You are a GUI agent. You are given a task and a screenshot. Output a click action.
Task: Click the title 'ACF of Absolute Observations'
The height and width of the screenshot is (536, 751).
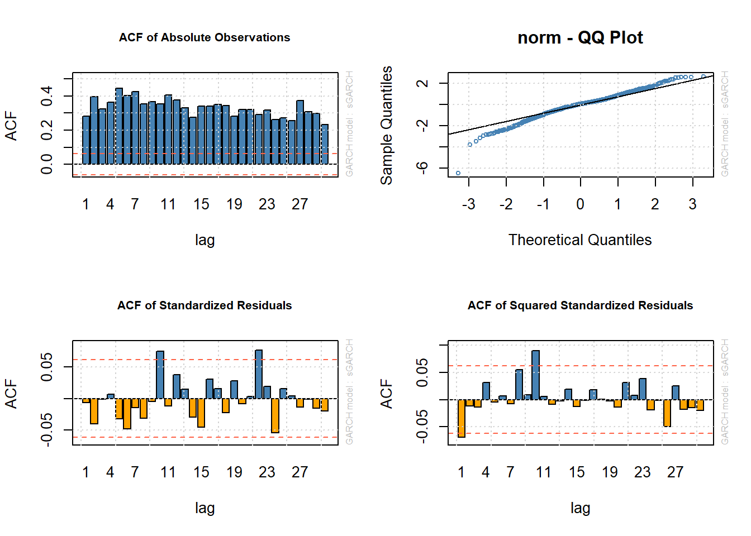pyautogui.click(x=205, y=37)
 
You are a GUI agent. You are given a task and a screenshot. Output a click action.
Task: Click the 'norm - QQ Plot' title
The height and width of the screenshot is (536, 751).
pyautogui.click(x=580, y=37)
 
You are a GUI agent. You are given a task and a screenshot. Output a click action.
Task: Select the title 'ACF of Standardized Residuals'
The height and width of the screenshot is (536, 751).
pyautogui.click(x=205, y=305)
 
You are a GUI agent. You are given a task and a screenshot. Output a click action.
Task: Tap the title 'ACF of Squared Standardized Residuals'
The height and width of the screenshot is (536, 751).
pyautogui.click(x=580, y=305)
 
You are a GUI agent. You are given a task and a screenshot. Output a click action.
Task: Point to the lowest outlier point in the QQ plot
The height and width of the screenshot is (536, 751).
pyautogui.click(x=458, y=173)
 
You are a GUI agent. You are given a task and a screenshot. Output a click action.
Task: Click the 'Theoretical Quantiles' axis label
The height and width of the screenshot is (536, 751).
pyautogui.click(x=580, y=240)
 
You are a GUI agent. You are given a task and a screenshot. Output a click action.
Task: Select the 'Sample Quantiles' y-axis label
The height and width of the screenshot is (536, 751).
pyautogui.click(x=387, y=125)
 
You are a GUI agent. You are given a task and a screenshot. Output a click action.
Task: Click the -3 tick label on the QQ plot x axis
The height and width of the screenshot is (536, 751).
pyautogui.click(x=468, y=204)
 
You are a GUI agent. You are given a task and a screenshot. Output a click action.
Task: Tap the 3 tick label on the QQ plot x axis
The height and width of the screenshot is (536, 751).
pyautogui.click(x=692, y=204)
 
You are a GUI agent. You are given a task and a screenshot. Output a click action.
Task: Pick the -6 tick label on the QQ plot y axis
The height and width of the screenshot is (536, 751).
pyautogui.click(x=423, y=167)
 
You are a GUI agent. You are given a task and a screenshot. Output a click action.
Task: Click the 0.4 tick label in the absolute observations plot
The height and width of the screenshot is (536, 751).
pyautogui.click(x=47, y=95)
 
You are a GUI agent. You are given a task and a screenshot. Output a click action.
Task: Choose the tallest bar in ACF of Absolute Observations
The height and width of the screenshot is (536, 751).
pyautogui.click(x=119, y=126)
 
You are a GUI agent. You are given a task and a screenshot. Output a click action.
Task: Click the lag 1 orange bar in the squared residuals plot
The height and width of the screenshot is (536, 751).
pyautogui.click(x=462, y=418)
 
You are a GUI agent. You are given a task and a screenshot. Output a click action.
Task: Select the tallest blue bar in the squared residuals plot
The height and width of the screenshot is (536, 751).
pyautogui.click(x=535, y=375)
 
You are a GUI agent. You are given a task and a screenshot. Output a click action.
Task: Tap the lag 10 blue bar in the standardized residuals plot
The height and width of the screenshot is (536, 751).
pyautogui.click(x=160, y=375)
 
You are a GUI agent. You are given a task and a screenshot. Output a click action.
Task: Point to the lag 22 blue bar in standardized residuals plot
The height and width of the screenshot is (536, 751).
pyautogui.click(x=259, y=374)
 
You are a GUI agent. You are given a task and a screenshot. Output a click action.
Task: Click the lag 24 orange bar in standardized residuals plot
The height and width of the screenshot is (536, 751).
pyautogui.click(x=275, y=415)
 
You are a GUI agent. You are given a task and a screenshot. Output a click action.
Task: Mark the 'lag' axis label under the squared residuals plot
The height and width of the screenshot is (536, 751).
pyautogui.click(x=580, y=508)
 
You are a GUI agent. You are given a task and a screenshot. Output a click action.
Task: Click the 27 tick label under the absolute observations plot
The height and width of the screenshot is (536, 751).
pyautogui.click(x=300, y=204)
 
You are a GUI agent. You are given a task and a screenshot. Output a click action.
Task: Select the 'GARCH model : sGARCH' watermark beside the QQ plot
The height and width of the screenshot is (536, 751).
pyautogui.click(x=725, y=124)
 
